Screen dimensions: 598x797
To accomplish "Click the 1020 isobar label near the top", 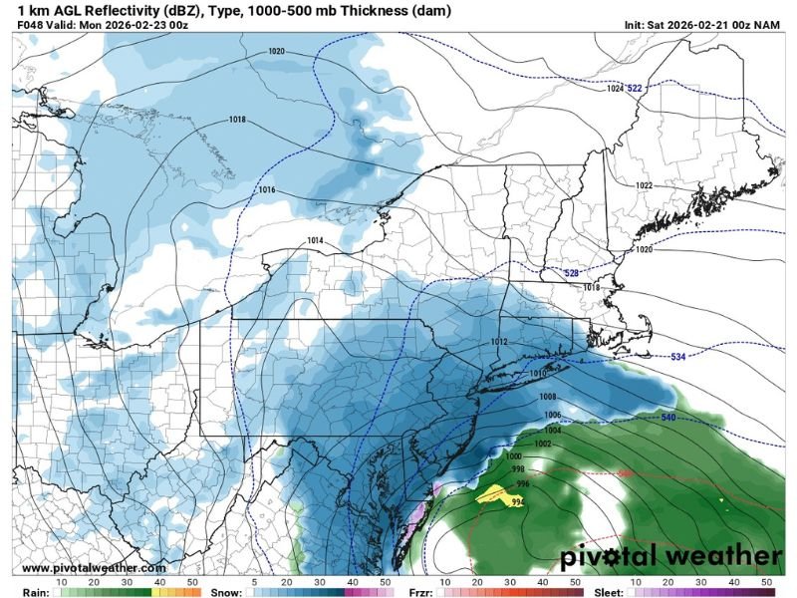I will pos(276,51).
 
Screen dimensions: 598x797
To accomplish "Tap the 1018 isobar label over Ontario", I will pos(237,120).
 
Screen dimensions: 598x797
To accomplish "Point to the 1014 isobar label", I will pos(315,241).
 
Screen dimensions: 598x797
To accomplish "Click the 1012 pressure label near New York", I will pos(499,342).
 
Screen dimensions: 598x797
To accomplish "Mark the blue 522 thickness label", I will pos(635,89).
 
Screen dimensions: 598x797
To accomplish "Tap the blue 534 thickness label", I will pos(677,356).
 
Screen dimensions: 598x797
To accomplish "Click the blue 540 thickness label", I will pos(669,416).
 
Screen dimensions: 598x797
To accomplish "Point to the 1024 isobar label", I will pos(615,89).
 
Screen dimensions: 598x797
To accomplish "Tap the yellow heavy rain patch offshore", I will pos(492,492).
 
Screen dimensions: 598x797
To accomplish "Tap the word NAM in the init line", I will pos(768,24).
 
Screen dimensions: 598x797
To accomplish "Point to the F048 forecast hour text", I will pos(33,24).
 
